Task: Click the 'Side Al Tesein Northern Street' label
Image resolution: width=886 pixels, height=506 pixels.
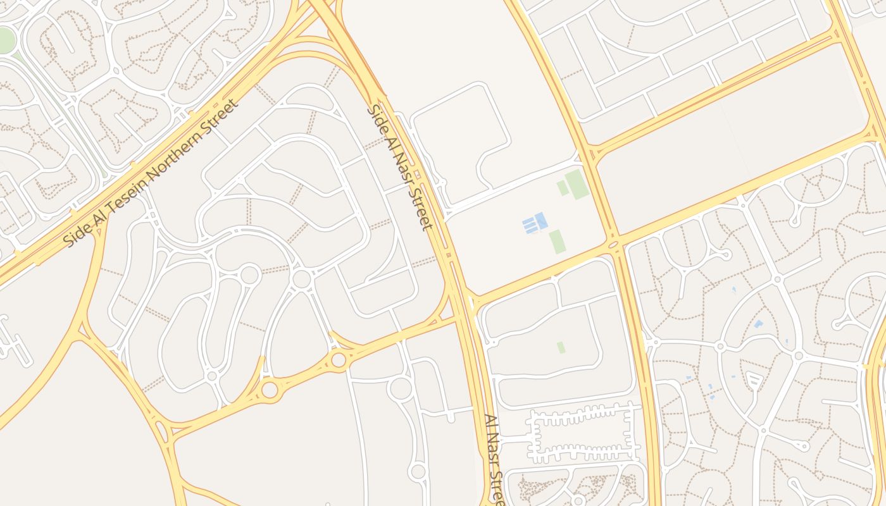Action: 153,173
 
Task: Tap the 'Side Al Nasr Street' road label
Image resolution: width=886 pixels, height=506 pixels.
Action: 400,167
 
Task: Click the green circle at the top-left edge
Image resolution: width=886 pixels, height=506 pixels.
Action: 5,40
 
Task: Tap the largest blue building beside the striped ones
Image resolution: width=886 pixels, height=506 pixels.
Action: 541,221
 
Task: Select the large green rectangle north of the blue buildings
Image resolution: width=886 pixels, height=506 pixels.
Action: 577,184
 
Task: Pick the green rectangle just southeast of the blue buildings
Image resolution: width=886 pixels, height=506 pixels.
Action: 556,242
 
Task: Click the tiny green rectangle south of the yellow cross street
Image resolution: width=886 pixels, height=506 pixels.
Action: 561,347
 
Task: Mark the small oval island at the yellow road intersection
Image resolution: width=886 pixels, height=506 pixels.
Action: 613,244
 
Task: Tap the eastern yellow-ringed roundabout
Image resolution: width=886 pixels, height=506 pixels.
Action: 339,360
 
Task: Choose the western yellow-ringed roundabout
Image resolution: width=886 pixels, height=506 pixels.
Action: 270,390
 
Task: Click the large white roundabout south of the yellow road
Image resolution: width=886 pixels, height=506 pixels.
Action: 400,388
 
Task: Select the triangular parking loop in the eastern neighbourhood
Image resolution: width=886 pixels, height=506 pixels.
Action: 754,380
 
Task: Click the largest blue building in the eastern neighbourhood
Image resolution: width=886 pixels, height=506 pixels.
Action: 758,324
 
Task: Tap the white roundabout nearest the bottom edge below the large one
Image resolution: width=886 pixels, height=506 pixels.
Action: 418,471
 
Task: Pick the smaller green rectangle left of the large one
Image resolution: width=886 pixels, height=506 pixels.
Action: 562,188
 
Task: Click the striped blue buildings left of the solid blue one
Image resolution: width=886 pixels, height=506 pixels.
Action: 528,225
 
